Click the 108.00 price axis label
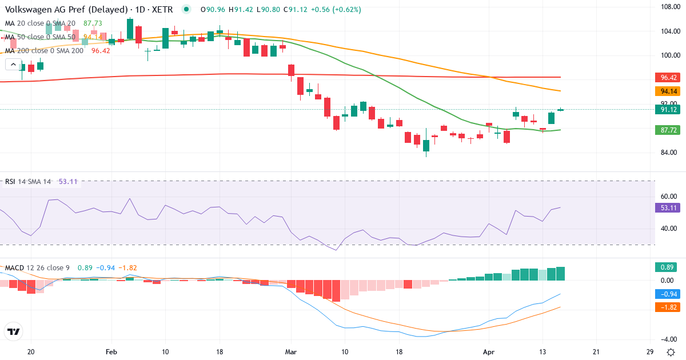pyautogui.click(x=669, y=7)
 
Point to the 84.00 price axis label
pyautogui.click(x=669, y=153)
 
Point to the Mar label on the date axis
pyautogui.click(x=291, y=351)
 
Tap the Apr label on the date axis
pyautogui.click(x=489, y=351)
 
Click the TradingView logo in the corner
pyautogui.click(x=13, y=331)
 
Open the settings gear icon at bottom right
pyautogui.click(x=670, y=351)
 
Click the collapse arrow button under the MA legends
pyautogui.click(x=13, y=65)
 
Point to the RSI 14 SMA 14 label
pyautogui.click(x=28, y=182)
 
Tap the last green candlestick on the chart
pyautogui.click(x=560, y=110)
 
